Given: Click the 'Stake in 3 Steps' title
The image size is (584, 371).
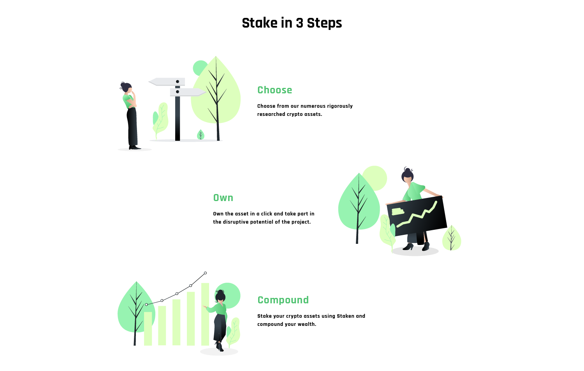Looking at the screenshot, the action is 292,23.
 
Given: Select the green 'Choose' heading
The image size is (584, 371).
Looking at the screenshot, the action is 274,90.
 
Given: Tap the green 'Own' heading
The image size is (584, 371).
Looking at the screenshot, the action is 223,198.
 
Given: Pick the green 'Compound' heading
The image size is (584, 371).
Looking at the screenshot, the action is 283,300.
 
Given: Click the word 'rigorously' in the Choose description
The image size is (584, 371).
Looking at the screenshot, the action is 340,106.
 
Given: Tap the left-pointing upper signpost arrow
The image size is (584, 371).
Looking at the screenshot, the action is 167,82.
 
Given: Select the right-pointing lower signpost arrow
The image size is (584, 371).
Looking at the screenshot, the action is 188,92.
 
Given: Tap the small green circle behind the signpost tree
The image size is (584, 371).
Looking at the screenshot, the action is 200,68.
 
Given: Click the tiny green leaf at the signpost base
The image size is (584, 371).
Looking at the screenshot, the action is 201,135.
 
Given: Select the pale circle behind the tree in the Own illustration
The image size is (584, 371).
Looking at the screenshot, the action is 375,178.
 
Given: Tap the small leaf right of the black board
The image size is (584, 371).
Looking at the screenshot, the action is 452,238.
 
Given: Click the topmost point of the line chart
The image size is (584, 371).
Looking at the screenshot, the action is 206,273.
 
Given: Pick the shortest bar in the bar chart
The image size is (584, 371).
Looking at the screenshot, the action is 148,329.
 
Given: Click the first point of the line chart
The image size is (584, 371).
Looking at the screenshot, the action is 146,304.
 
